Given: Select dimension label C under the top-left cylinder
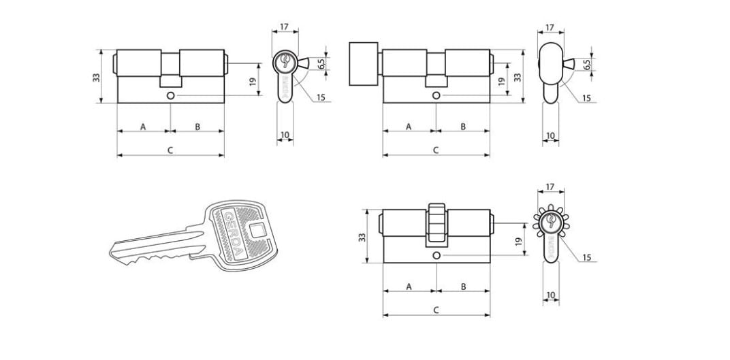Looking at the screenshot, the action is [170, 150].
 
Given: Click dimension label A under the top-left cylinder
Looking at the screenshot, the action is [144, 126].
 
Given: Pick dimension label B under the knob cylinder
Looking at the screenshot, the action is [463, 126].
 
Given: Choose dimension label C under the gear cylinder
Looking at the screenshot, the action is [437, 310].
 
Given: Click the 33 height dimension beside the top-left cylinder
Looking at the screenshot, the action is [97, 77].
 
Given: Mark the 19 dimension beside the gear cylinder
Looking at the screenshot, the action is [519, 241].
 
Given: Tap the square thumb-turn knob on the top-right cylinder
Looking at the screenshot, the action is [363, 64].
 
